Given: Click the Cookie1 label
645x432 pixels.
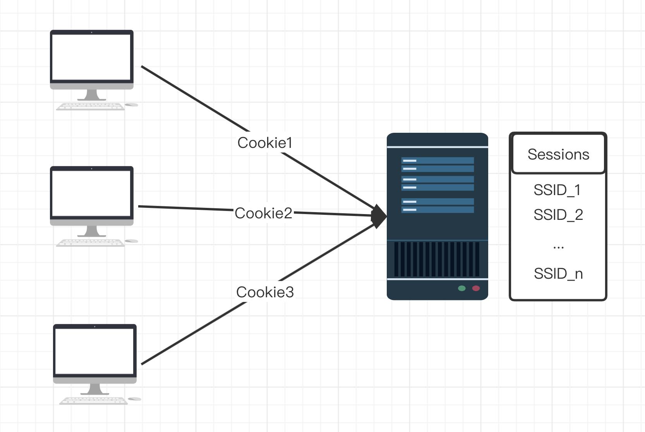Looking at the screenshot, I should click(265, 143).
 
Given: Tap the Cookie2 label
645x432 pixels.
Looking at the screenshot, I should click(263, 213).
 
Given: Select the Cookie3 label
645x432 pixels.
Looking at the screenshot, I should click(265, 292).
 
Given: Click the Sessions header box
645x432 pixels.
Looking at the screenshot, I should click(558, 154).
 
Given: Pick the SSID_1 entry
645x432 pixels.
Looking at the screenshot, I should click(557, 190).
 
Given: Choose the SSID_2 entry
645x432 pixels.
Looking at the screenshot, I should click(558, 215).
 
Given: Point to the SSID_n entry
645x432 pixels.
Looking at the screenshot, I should click(558, 274).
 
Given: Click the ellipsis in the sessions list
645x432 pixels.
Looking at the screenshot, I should click(558, 247).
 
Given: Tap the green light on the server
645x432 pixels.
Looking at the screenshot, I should click(461, 288).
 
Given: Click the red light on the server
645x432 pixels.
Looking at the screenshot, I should click(476, 288).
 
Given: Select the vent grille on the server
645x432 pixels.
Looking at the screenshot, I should click(437, 259).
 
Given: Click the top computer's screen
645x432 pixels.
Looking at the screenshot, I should click(91, 57).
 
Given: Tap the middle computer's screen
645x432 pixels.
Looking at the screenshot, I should click(91, 193).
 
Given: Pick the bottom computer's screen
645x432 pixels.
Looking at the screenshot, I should click(94, 351).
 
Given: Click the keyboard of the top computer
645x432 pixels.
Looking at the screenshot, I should click(91, 106).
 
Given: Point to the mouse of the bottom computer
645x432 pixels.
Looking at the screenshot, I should click(134, 399).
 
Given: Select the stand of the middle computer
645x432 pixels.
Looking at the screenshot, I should click(91, 231).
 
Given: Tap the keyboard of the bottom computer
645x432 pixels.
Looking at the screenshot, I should click(93, 401).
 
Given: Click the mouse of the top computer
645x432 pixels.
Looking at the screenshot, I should click(132, 105).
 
